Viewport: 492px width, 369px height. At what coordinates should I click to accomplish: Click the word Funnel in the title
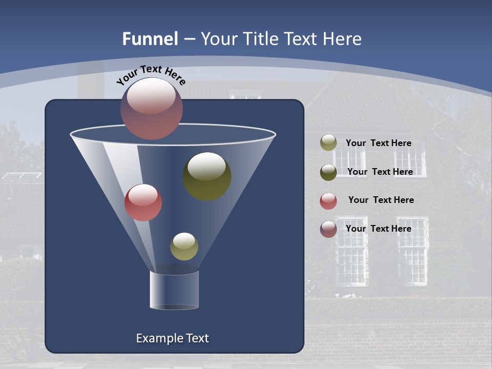tap(150, 39)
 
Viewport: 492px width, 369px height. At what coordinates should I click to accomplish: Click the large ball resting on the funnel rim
tap(152, 109)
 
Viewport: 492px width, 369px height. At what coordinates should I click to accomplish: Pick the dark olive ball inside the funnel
tap(207, 176)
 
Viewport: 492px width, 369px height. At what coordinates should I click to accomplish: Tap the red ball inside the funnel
tap(143, 202)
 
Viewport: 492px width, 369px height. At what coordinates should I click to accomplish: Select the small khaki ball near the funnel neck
tap(184, 247)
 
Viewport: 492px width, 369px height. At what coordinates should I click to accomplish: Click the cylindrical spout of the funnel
tap(174, 290)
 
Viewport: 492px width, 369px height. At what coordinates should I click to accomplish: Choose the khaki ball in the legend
tap(329, 143)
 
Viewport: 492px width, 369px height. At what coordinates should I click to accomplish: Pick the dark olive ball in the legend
tap(329, 172)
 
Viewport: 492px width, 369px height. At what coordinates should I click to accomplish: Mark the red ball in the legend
tap(329, 201)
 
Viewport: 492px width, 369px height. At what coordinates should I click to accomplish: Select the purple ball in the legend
tap(329, 229)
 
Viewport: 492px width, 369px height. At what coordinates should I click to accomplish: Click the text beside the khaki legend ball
tap(378, 143)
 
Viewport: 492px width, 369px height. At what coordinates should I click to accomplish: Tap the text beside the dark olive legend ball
tap(380, 172)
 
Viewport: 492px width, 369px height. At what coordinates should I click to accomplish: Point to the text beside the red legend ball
tap(381, 200)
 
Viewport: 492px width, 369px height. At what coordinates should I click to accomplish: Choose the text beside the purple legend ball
tap(378, 229)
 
